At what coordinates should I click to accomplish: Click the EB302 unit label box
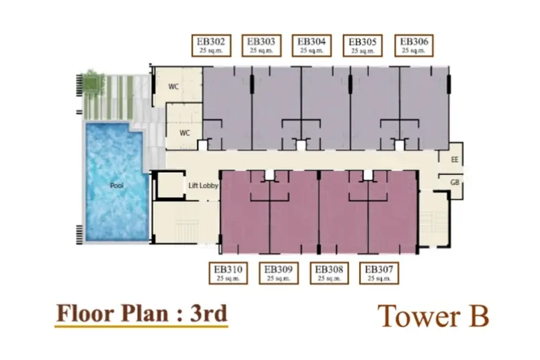(211, 46)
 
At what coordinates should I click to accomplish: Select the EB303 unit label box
(262, 46)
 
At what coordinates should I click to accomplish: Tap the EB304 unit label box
(311, 46)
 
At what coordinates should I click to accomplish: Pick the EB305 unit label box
(362, 46)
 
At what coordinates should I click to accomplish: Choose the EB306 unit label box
(414, 46)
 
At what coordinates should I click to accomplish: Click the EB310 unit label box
(229, 273)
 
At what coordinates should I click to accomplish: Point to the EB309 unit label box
(278, 273)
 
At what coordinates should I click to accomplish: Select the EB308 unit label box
(330, 273)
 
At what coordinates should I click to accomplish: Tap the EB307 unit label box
(379, 273)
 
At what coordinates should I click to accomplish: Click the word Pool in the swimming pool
(117, 185)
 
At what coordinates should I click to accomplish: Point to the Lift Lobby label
(203, 186)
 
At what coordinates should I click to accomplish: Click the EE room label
(455, 160)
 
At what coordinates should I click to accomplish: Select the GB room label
(455, 182)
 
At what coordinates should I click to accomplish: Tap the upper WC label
(173, 87)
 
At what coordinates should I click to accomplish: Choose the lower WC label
(184, 133)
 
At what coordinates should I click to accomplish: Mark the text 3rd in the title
(208, 314)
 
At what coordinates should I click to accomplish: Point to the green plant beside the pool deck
(91, 82)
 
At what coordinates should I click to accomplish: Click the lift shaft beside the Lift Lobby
(169, 186)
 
